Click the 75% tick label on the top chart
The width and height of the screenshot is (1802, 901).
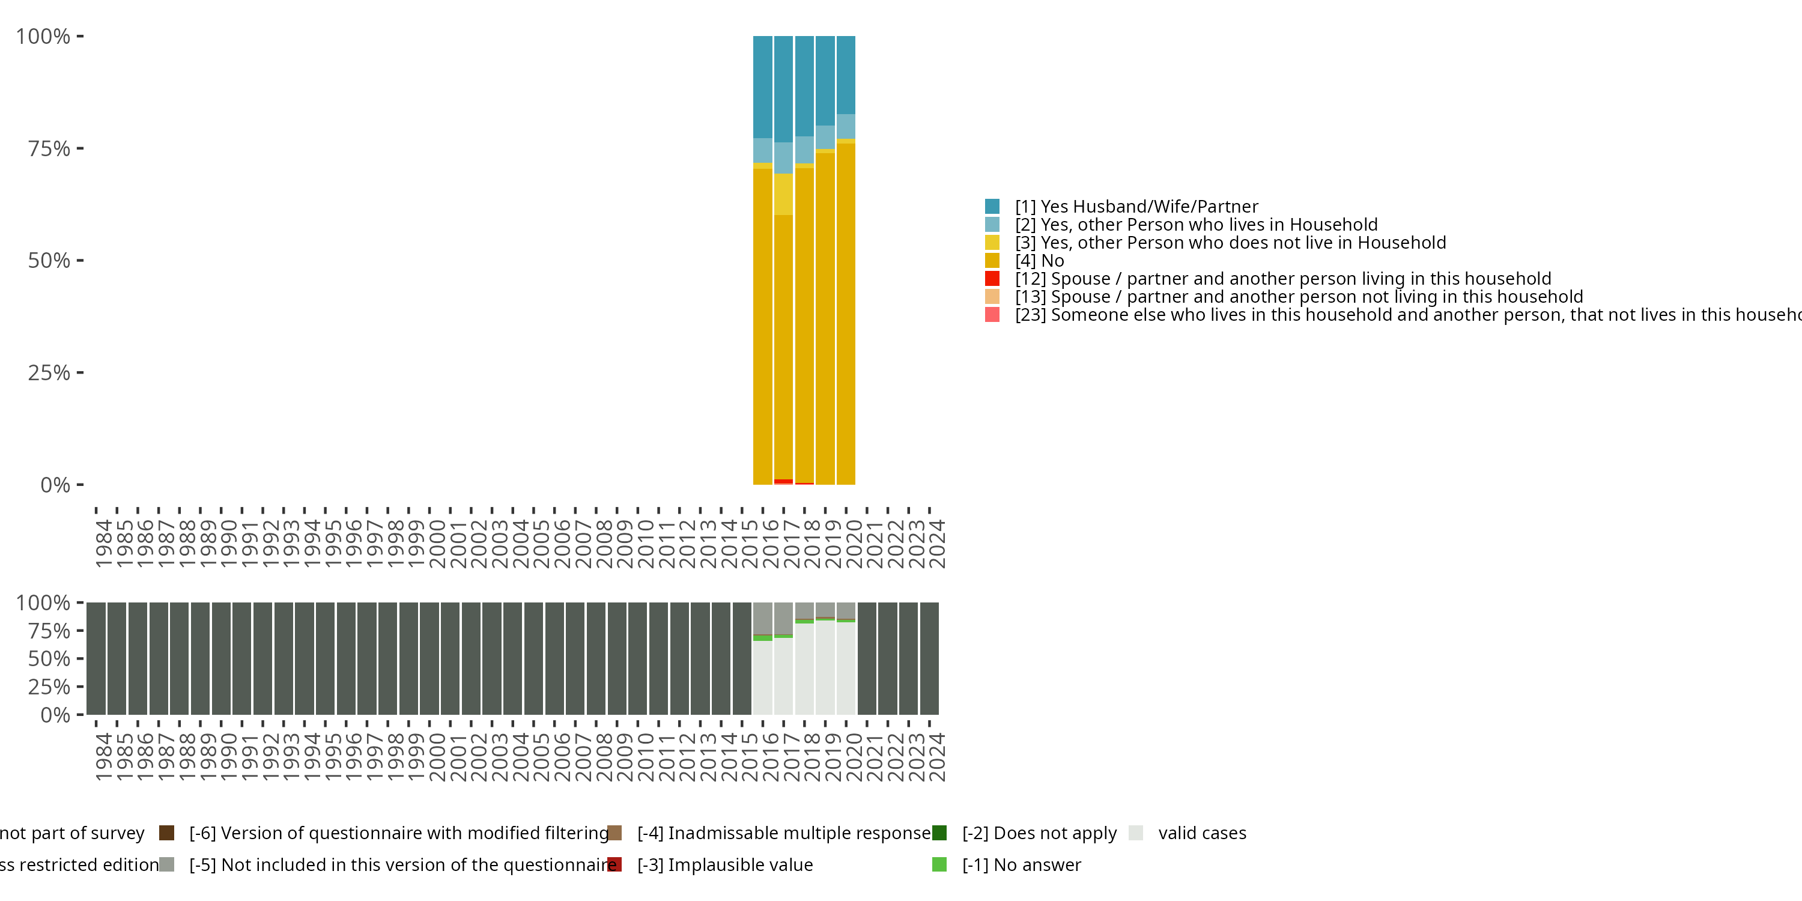tap(49, 148)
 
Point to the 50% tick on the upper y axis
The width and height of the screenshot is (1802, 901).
tap(49, 261)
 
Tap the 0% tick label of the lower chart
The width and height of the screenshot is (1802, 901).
tap(55, 715)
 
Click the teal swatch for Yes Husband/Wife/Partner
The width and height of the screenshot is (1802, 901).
tap(992, 207)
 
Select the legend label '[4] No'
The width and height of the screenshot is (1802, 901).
tap(1040, 261)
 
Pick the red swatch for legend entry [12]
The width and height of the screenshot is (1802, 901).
tap(992, 279)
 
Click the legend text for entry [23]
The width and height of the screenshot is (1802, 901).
tap(1399, 315)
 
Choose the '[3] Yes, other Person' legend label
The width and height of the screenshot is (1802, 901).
tap(1230, 243)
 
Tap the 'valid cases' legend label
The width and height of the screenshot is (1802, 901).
tap(1202, 833)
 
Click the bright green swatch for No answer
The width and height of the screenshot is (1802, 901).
tap(939, 864)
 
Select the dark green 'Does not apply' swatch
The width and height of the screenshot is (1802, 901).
tap(939, 833)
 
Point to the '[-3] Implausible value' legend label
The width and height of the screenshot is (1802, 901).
tap(725, 864)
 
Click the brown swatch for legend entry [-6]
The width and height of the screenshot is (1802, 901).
tap(166, 833)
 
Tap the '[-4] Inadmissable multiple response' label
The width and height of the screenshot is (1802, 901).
tap(783, 833)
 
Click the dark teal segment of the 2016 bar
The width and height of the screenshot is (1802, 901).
tap(762, 88)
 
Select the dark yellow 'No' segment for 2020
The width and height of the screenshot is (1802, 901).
tap(846, 315)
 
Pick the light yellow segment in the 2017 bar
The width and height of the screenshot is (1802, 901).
tap(783, 194)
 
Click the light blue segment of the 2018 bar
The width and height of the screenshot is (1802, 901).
tap(804, 150)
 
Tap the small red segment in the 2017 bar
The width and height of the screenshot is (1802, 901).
tap(783, 481)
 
